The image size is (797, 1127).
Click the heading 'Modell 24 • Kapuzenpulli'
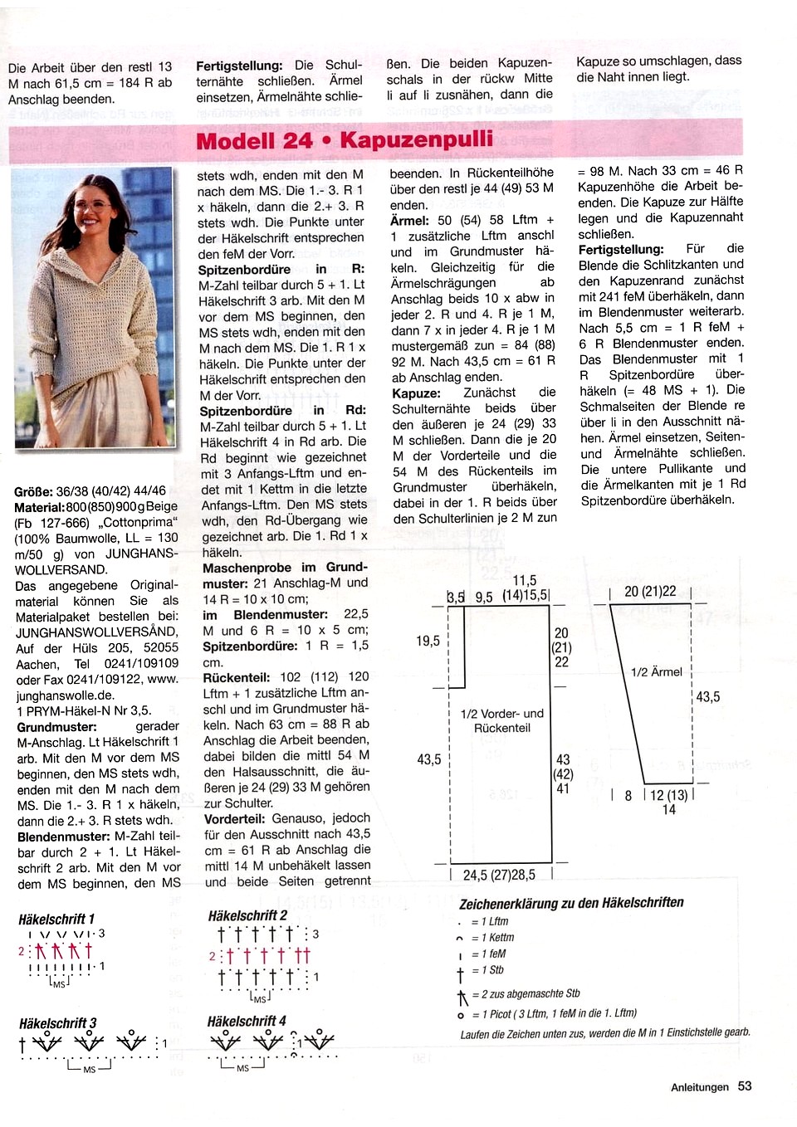(345, 140)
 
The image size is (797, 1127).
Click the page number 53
(745, 1086)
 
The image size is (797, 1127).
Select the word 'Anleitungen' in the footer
(699, 1087)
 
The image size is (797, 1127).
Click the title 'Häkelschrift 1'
(56, 919)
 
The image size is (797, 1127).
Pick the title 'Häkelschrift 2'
(247, 915)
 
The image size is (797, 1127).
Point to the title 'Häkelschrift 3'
(57, 1023)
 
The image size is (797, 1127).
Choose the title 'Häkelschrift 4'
(247, 1021)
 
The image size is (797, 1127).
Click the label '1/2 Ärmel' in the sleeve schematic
(656, 672)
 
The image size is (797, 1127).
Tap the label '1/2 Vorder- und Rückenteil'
(501, 720)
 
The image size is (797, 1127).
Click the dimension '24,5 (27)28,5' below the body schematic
(499, 875)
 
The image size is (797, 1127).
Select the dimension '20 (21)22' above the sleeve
(650, 591)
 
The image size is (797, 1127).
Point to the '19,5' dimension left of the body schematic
(428, 641)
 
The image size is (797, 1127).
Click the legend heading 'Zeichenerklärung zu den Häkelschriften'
(571, 902)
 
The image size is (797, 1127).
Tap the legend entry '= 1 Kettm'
(492, 938)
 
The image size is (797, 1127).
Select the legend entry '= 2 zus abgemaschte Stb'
(526, 994)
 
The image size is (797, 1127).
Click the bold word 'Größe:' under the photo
(33, 490)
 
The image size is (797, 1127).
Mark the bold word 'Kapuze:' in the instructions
(415, 393)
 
